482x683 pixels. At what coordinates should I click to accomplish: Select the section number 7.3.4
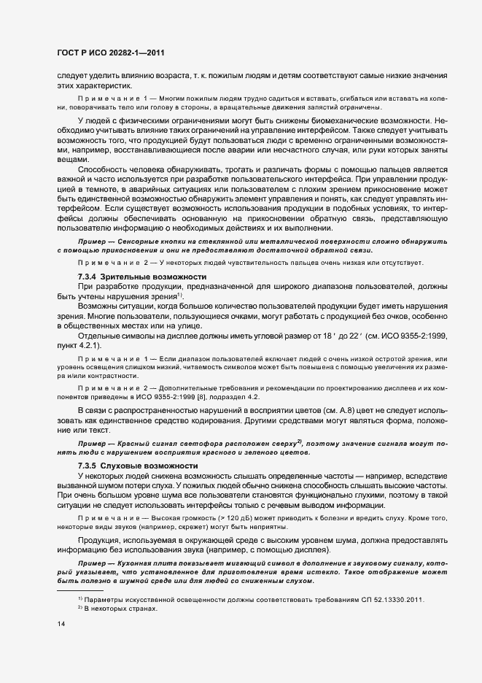point(87,277)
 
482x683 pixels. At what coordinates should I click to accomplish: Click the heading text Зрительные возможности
point(148,277)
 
